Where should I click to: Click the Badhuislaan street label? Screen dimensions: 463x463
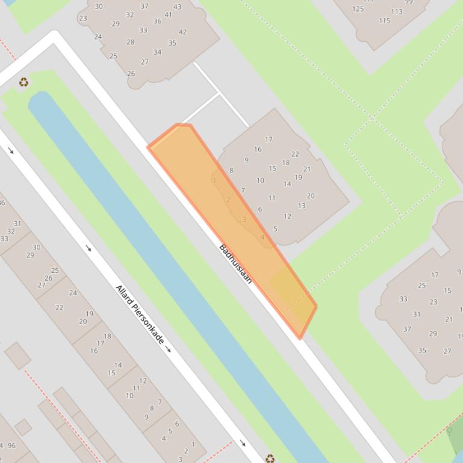[235, 264]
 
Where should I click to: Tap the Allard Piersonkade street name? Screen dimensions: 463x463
[140, 314]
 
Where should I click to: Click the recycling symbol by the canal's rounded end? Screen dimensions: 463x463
[23, 82]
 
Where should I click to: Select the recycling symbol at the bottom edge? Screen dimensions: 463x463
[270, 458]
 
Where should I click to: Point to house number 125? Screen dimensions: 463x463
[358, 8]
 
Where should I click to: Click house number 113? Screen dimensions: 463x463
[396, 11]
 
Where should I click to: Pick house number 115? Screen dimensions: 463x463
[385, 20]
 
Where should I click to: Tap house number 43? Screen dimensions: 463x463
[177, 7]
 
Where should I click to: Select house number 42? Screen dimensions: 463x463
[182, 32]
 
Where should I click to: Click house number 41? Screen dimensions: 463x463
[168, 15]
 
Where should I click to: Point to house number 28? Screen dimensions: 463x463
[130, 42]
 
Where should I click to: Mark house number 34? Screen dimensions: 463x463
[157, 52]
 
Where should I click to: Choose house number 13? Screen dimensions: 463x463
[302, 206]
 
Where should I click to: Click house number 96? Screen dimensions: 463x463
[12, 446]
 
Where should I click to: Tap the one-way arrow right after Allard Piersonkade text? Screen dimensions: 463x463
[169, 349]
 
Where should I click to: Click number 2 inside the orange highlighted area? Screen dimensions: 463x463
[229, 200]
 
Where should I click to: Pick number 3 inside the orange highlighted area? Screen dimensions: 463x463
[244, 219]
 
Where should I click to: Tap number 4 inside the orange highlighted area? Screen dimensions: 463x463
[263, 238]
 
